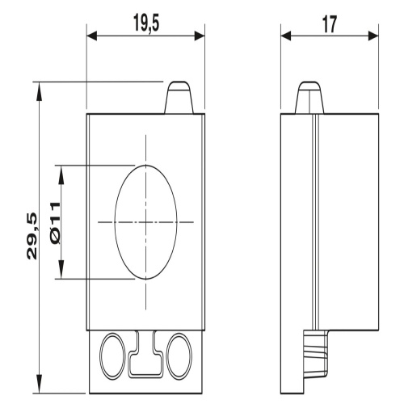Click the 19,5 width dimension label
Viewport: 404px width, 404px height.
click(146, 23)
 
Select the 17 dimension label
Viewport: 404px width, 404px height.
click(330, 24)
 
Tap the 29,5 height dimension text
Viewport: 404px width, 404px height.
click(32, 236)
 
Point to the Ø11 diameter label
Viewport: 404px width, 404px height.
click(56, 224)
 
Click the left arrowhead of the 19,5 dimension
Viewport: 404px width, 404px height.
click(92, 36)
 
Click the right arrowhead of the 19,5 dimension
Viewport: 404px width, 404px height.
click(200, 36)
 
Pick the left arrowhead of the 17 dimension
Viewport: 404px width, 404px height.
click(286, 36)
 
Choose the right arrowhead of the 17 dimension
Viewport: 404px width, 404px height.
click(373, 36)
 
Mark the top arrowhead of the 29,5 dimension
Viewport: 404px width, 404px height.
click(40, 92)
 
